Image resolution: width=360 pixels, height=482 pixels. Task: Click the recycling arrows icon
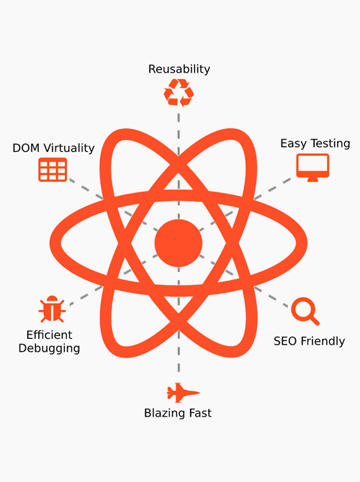tap(179, 93)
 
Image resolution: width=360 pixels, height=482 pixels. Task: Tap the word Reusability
tap(179, 69)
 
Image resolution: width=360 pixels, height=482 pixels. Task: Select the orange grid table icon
tap(53, 169)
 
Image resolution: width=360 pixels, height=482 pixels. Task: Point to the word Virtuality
tap(68, 148)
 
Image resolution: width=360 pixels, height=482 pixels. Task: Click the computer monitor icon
tap(312, 168)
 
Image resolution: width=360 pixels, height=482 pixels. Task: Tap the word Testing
tap(330, 144)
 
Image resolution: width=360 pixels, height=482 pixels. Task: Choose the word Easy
tap(294, 144)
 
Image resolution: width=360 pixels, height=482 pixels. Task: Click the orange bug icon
tap(52, 309)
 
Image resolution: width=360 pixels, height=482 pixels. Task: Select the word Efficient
tap(49, 335)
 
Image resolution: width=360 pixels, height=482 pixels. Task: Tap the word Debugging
tap(49, 348)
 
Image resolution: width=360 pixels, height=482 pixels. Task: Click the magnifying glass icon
tap(305, 311)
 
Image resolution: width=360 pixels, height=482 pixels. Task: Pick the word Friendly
tap(323, 341)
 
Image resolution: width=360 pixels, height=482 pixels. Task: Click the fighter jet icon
tap(183, 393)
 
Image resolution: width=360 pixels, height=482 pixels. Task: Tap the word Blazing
tap(165, 413)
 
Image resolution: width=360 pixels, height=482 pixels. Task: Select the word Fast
tap(200, 413)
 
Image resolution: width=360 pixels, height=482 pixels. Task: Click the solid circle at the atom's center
tap(179, 243)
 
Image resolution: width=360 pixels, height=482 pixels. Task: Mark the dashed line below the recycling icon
tap(179, 166)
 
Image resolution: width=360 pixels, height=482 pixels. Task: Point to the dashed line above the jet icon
tap(179, 322)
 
